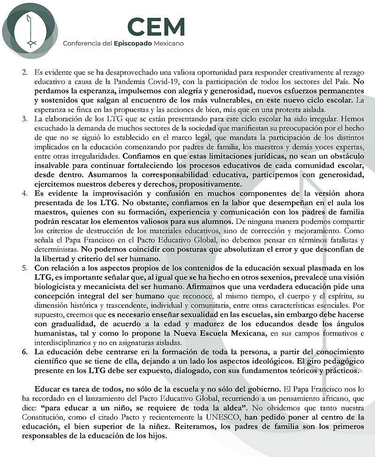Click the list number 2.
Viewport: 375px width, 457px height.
25,74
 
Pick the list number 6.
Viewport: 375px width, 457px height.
25,352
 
